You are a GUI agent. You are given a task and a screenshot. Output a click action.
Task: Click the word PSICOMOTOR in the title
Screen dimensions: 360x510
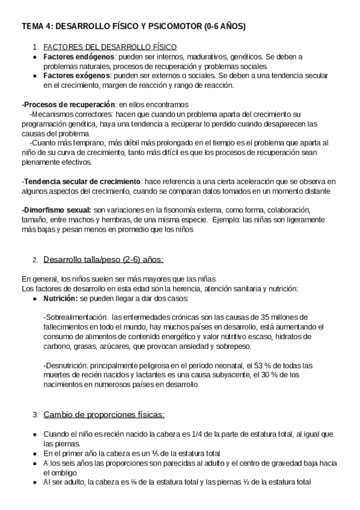[x=172, y=27]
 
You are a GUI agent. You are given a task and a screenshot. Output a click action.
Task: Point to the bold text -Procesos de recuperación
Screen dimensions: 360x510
[x=59, y=105]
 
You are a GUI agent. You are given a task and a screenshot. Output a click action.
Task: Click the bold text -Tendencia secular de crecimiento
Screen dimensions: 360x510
[x=81, y=182]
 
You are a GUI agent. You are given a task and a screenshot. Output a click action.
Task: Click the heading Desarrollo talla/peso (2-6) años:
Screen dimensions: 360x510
[x=103, y=260]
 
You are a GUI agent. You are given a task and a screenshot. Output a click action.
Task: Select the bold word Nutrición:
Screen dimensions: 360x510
[x=60, y=298]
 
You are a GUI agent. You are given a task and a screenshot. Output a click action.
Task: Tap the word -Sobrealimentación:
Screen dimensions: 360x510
[x=76, y=317]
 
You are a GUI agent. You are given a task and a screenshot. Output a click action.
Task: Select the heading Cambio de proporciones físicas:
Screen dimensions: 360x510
[x=104, y=415]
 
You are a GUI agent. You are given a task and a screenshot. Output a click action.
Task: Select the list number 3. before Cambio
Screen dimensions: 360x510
[x=36, y=416]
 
